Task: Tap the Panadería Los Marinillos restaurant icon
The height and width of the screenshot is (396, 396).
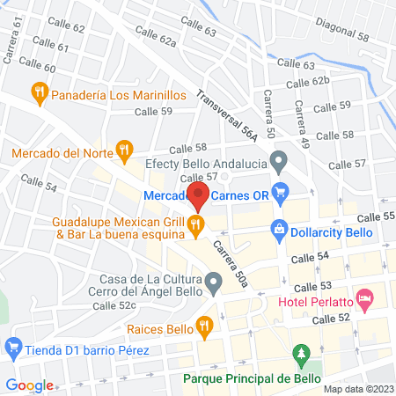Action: (x=39, y=91)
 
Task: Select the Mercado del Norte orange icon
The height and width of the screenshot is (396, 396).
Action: (x=125, y=151)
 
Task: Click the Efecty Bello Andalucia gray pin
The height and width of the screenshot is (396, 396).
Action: (x=280, y=161)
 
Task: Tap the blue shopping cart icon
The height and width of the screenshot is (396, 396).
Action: (x=282, y=190)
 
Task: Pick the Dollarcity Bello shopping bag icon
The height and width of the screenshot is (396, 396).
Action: (x=278, y=228)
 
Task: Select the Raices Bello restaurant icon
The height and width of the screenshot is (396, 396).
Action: (x=204, y=326)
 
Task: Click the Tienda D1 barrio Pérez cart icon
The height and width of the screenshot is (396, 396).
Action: (x=12, y=348)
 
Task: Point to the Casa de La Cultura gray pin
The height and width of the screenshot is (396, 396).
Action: (x=213, y=283)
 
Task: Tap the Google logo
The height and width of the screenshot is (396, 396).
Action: (x=30, y=385)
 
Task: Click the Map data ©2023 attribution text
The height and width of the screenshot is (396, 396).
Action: (x=358, y=388)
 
